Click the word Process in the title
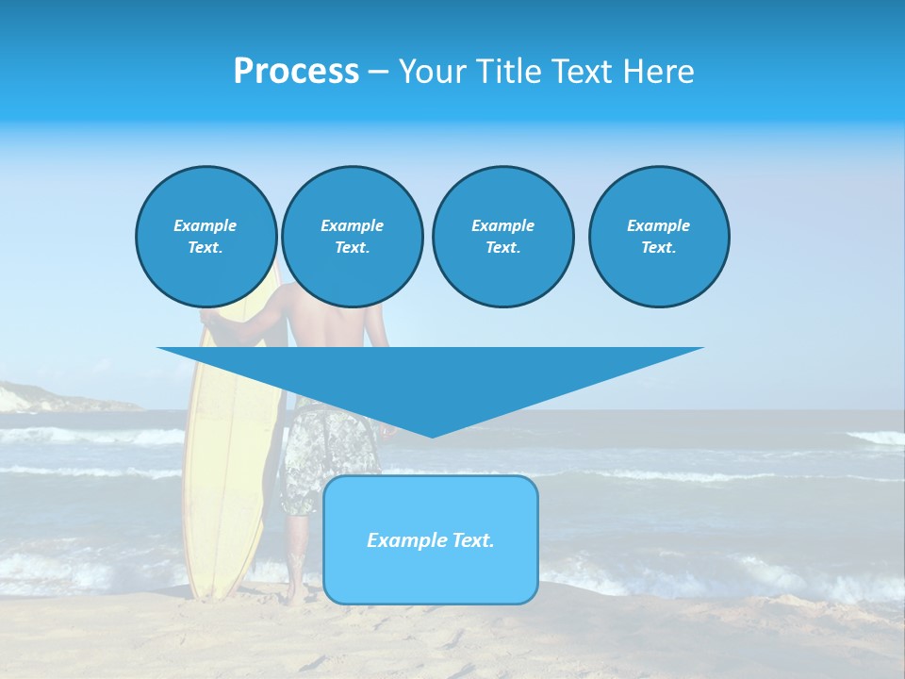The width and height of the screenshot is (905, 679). [296, 72]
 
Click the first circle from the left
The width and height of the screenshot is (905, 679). [206, 237]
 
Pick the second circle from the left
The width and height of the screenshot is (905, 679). [352, 237]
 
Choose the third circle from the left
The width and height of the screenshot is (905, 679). [502, 237]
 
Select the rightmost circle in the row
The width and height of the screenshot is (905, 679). [658, 237]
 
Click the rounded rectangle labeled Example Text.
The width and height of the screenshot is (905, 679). [430, 539]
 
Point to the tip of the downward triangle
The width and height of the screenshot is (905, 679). [432, 436]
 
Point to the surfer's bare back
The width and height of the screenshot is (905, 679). [321, 325]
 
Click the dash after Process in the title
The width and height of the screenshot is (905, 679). [377, 72]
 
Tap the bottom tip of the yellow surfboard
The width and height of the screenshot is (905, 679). [213, 596]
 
